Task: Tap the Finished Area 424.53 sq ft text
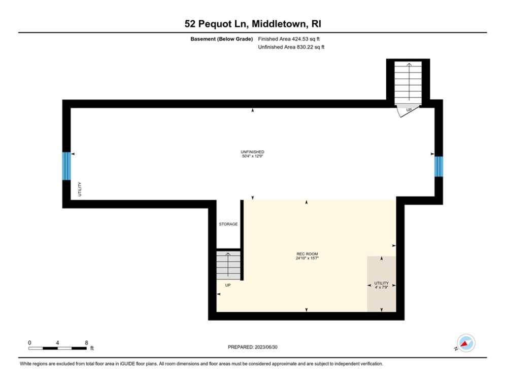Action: (x=289, y=39)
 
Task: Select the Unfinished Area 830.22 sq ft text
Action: (x=291, y=47)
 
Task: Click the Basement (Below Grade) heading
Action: (x=222, y=39)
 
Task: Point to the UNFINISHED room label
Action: (x=253, y=152)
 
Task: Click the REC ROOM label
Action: (x=307, y=254)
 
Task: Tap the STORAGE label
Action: (x=228, y=224)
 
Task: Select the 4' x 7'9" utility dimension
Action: (x=381, y=287)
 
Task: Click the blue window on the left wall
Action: (x=66, y=166)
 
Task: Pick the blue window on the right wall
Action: (x=439, y=167)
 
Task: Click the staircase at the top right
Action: (x=408, y=83)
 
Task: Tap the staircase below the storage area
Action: (x=228, y=265)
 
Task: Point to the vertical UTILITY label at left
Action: (x=80, y=189)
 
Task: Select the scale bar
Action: (x=57, y=348)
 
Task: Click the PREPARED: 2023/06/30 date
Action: (x=253, y=347)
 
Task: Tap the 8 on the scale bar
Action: (x=86, y=343)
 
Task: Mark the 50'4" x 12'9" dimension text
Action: (x=253, y=156)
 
